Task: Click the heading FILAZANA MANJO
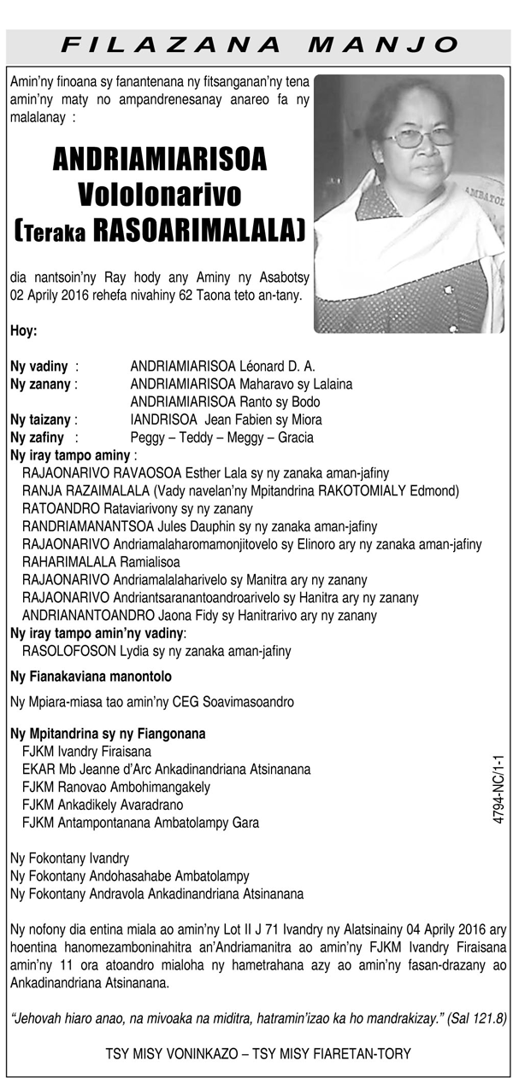click(x=262, y=44)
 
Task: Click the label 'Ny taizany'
click(x=40, y=419)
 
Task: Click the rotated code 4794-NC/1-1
click(x=499, y=788)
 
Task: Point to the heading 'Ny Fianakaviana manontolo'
click(x=91, y=677)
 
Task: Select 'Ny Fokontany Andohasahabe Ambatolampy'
click(x=129, y=876)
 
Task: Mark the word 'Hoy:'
click(x=24, y=331)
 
